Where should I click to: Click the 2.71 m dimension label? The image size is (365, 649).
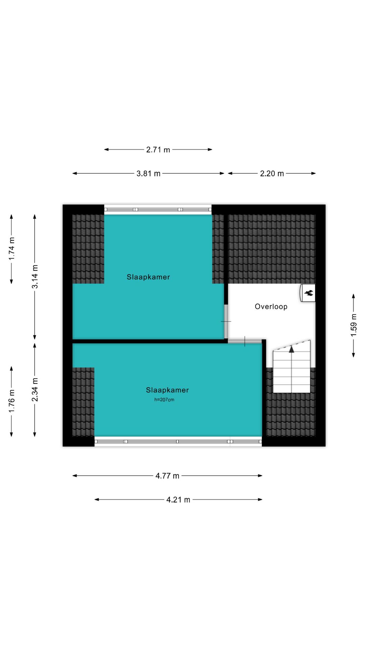coord(158,149)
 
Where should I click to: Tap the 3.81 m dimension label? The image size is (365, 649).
coord(148,173)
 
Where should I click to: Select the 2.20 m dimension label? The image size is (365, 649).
coord(272,173)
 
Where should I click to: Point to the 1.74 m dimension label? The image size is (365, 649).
coord(11,248)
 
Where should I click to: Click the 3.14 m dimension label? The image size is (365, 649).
coord(35,277)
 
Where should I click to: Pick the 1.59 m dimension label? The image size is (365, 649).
coord(354,325)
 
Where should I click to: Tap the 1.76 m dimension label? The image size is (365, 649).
coord(11,401)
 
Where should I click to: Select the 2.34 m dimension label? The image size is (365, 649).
coord(35,390)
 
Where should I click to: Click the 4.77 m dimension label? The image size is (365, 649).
coord(167,476)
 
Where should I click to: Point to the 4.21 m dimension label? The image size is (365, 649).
coord(178,500)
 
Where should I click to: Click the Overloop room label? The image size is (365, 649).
coord(271,307)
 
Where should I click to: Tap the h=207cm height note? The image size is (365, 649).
coord(164,400)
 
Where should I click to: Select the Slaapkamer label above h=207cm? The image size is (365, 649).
coord(167,390)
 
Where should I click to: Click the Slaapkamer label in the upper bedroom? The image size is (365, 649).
coord(148,277)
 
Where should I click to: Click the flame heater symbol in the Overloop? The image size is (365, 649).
coord(308,293)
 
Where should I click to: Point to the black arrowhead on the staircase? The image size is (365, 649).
coord(291,349)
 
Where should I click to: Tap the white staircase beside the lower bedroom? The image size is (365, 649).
coord(291,366)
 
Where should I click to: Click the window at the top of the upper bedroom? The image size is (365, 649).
coord(158,210)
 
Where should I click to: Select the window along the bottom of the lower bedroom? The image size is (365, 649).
coord(178,441)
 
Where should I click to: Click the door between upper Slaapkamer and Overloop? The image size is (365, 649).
coord(226,321)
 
